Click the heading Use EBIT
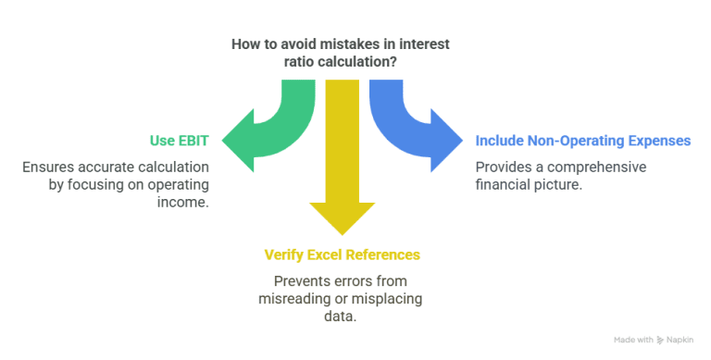(x=180, y=141)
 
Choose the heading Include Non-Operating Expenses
(x=582, y=141)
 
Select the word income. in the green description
(x=186, y=202)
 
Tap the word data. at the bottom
(x=342, y=316)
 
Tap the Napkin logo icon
(x=660, y=340)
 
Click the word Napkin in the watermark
(x=680, y=340)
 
